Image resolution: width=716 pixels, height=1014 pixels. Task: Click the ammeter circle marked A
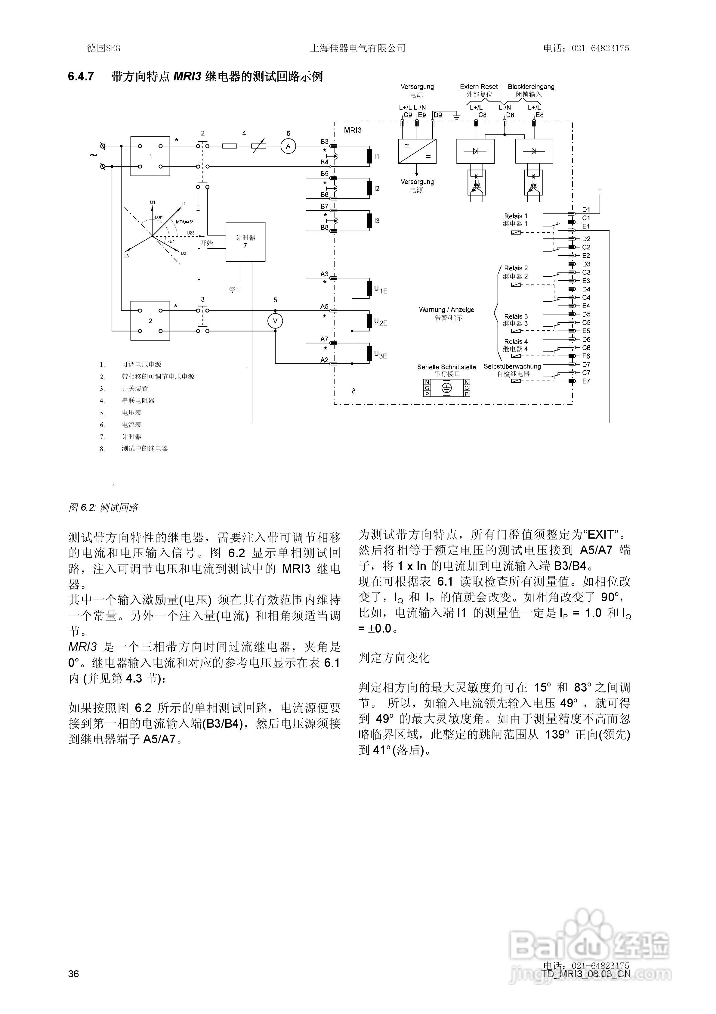288,146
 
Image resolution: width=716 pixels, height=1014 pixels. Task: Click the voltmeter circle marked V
275,321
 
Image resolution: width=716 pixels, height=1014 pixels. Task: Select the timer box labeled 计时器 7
245,241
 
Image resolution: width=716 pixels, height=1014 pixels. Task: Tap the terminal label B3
324,142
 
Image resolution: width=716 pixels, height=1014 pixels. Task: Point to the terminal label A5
324,306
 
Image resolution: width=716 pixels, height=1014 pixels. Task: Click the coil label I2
377,188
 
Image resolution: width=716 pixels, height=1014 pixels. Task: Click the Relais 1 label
516,216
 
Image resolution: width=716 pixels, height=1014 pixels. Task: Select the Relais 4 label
516,341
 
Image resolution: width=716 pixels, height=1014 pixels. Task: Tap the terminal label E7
586,381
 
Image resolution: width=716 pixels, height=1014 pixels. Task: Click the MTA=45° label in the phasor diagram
184,222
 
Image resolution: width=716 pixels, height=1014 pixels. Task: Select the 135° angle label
158,218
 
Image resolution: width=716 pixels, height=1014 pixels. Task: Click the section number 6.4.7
81,76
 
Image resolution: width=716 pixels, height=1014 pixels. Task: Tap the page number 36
74,974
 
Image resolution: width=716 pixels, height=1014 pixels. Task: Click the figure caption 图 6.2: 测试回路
103,507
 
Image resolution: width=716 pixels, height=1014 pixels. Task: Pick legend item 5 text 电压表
131,412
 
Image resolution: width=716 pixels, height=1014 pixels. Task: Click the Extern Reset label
479,87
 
